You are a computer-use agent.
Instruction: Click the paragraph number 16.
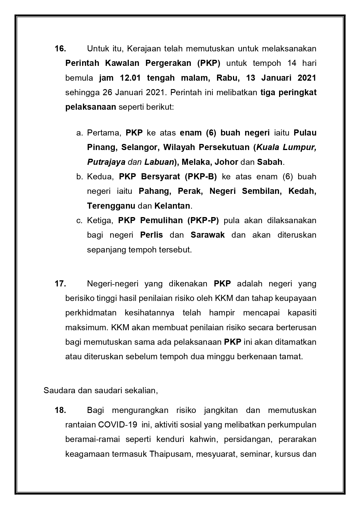(x=60, y=48)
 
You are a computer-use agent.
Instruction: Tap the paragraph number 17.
(x=60, y=284)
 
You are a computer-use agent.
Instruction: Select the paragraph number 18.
(x=60, y=410)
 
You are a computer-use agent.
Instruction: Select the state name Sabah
(x=269, y=162)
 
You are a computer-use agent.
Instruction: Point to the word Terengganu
(x=111, y=206)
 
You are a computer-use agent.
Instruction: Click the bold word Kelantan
(x=172, y=206)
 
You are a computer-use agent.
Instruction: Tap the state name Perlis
(x=151, y=235)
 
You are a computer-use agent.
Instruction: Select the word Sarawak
(x=207, y=235)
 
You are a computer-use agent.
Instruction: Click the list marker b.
(x=79, y=176)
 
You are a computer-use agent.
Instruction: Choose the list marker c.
(x=79, y=220)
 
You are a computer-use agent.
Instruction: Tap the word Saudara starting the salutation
(x=55, y=391)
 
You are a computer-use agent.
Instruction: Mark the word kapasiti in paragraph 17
(x=302, y=313)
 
